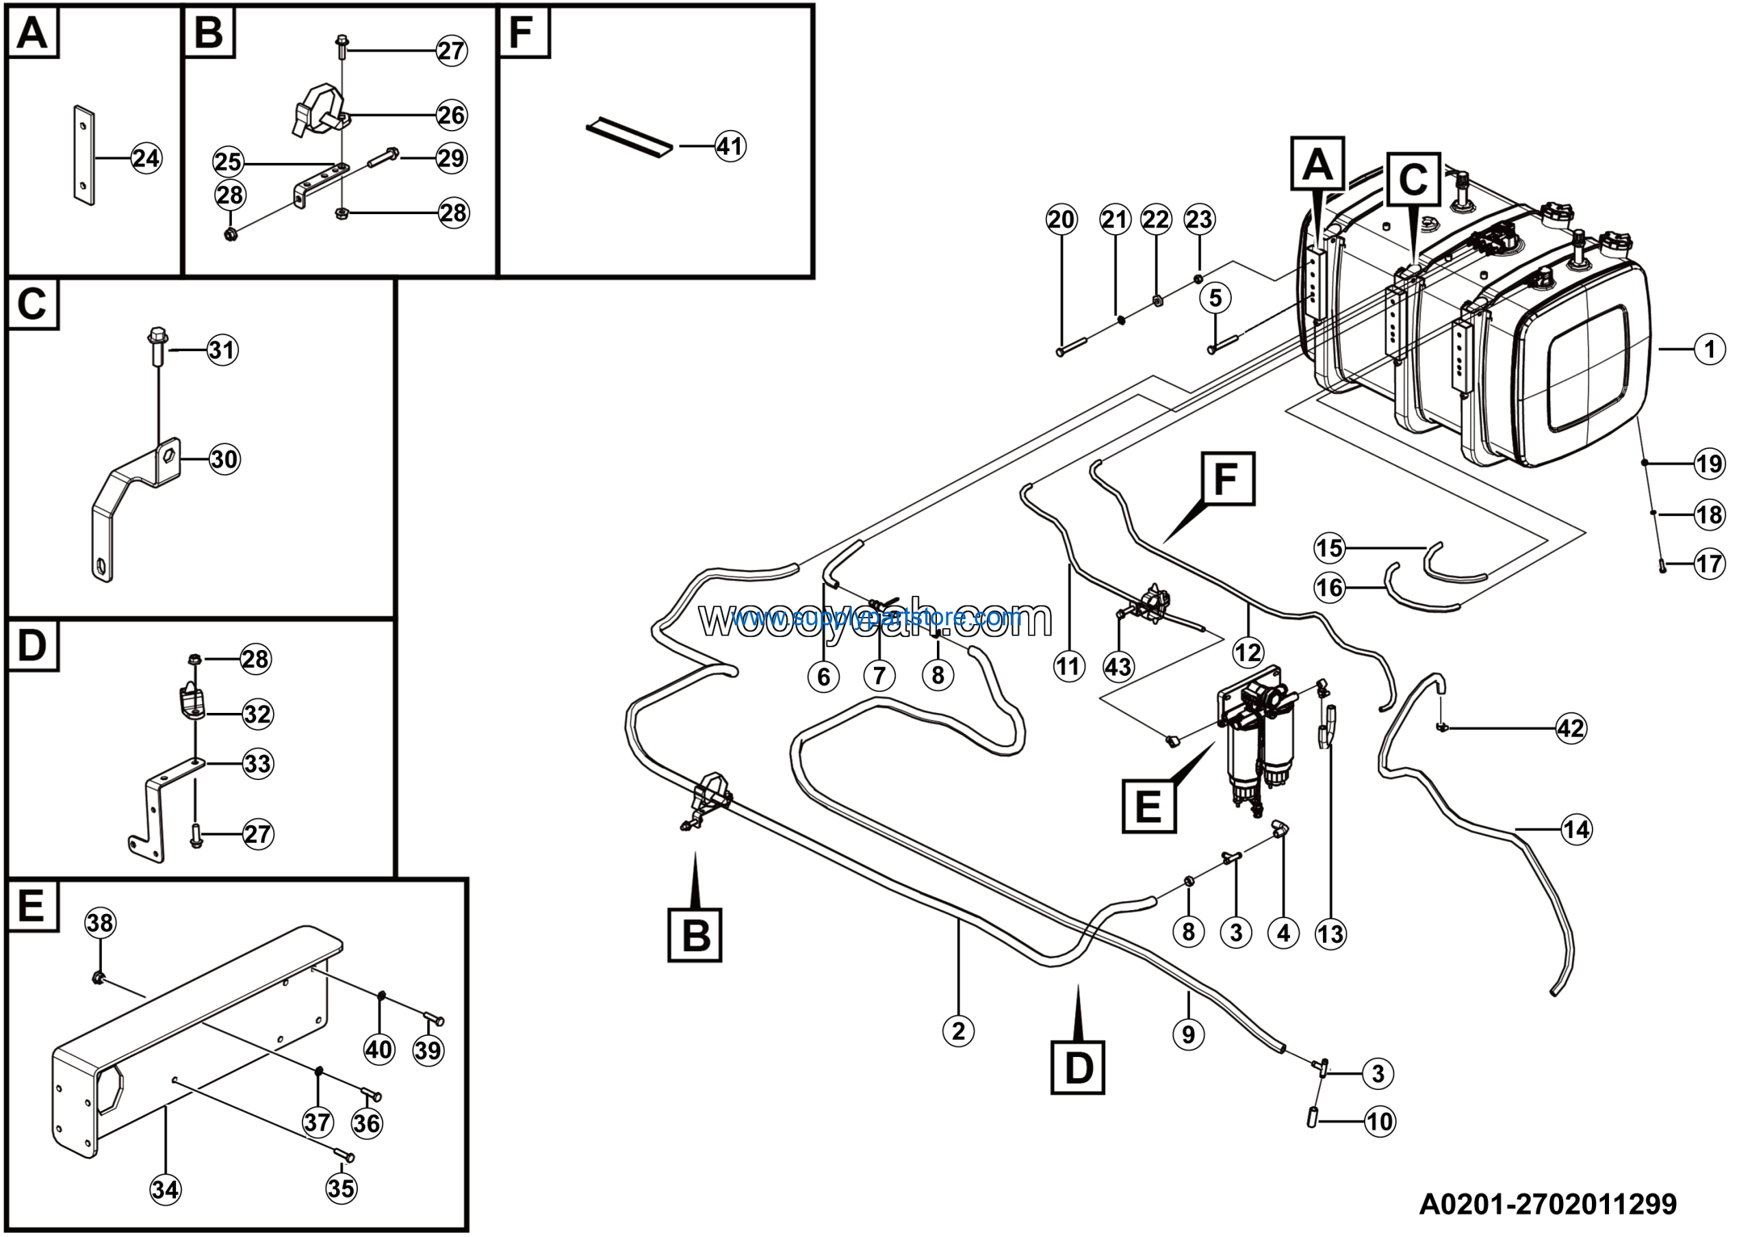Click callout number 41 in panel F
[730, 146]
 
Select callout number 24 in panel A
[146, 158]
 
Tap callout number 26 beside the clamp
[451, 115]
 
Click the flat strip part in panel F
[630, 138]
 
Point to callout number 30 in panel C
[224, 459]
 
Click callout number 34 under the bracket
[166, 1190]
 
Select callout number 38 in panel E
[100, 924]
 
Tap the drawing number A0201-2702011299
[1547, 1203]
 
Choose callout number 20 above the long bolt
[1061, 220]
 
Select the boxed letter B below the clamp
[695, 934]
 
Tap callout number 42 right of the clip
[1571, 729]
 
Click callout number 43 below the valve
[1118, 666]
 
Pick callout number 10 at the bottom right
[1380, 1122]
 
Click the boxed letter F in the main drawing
[1228, 479]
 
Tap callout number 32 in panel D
[257, 714]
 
